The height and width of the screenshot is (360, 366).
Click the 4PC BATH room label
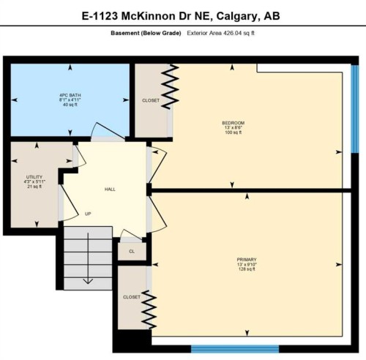click(70, 95)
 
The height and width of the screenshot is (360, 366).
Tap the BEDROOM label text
click(234, 122)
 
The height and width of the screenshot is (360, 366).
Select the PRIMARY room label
click(246, 260)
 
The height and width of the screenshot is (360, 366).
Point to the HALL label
click(110, 190)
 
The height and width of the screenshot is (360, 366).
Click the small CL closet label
click(132, 251)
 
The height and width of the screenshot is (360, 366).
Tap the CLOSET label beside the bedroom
click(151, 100)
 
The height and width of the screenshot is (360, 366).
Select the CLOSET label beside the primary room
click(132, 297)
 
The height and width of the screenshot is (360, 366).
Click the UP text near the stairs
click(88, 214)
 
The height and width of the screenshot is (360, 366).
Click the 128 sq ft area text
click(246, 270)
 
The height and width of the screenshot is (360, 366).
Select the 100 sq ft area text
click(234, 132)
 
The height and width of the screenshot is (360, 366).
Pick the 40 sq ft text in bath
click(70, 105)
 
